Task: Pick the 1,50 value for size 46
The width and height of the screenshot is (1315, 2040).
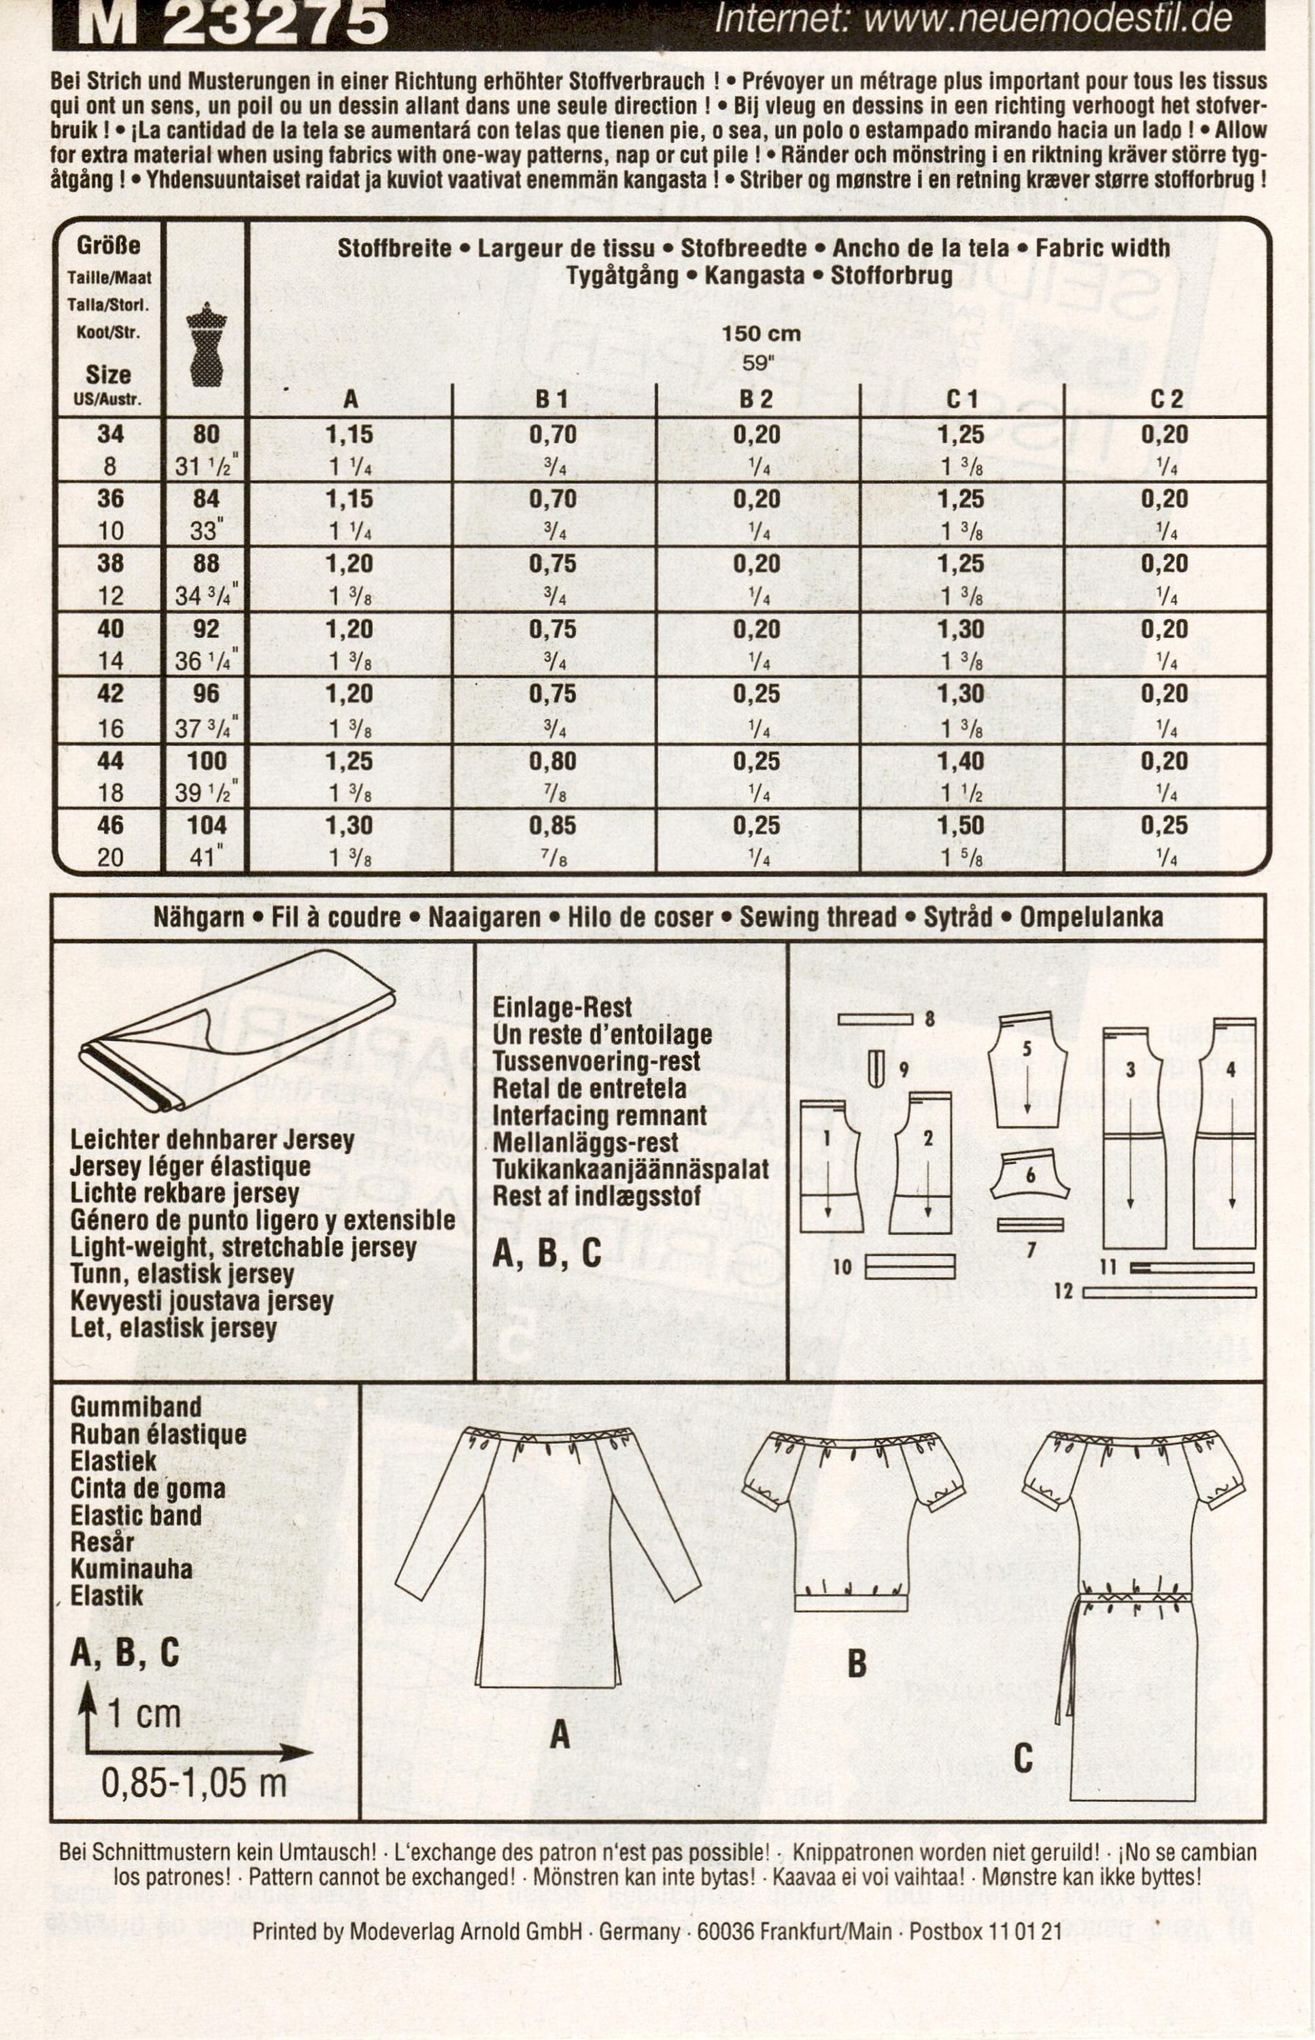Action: (961, 826)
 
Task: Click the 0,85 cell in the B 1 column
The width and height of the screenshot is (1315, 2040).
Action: (553, 826)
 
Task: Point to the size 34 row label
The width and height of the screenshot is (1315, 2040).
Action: (110, 435)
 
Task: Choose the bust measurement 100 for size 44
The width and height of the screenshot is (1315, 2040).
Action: (207, 761)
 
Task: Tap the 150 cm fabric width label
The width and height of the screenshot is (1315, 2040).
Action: (760, 334)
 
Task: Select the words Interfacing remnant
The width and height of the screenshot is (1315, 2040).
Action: (600, 1116)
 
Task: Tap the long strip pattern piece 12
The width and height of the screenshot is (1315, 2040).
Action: (1170, 1293)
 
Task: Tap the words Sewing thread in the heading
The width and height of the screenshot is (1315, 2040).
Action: (818, 918)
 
